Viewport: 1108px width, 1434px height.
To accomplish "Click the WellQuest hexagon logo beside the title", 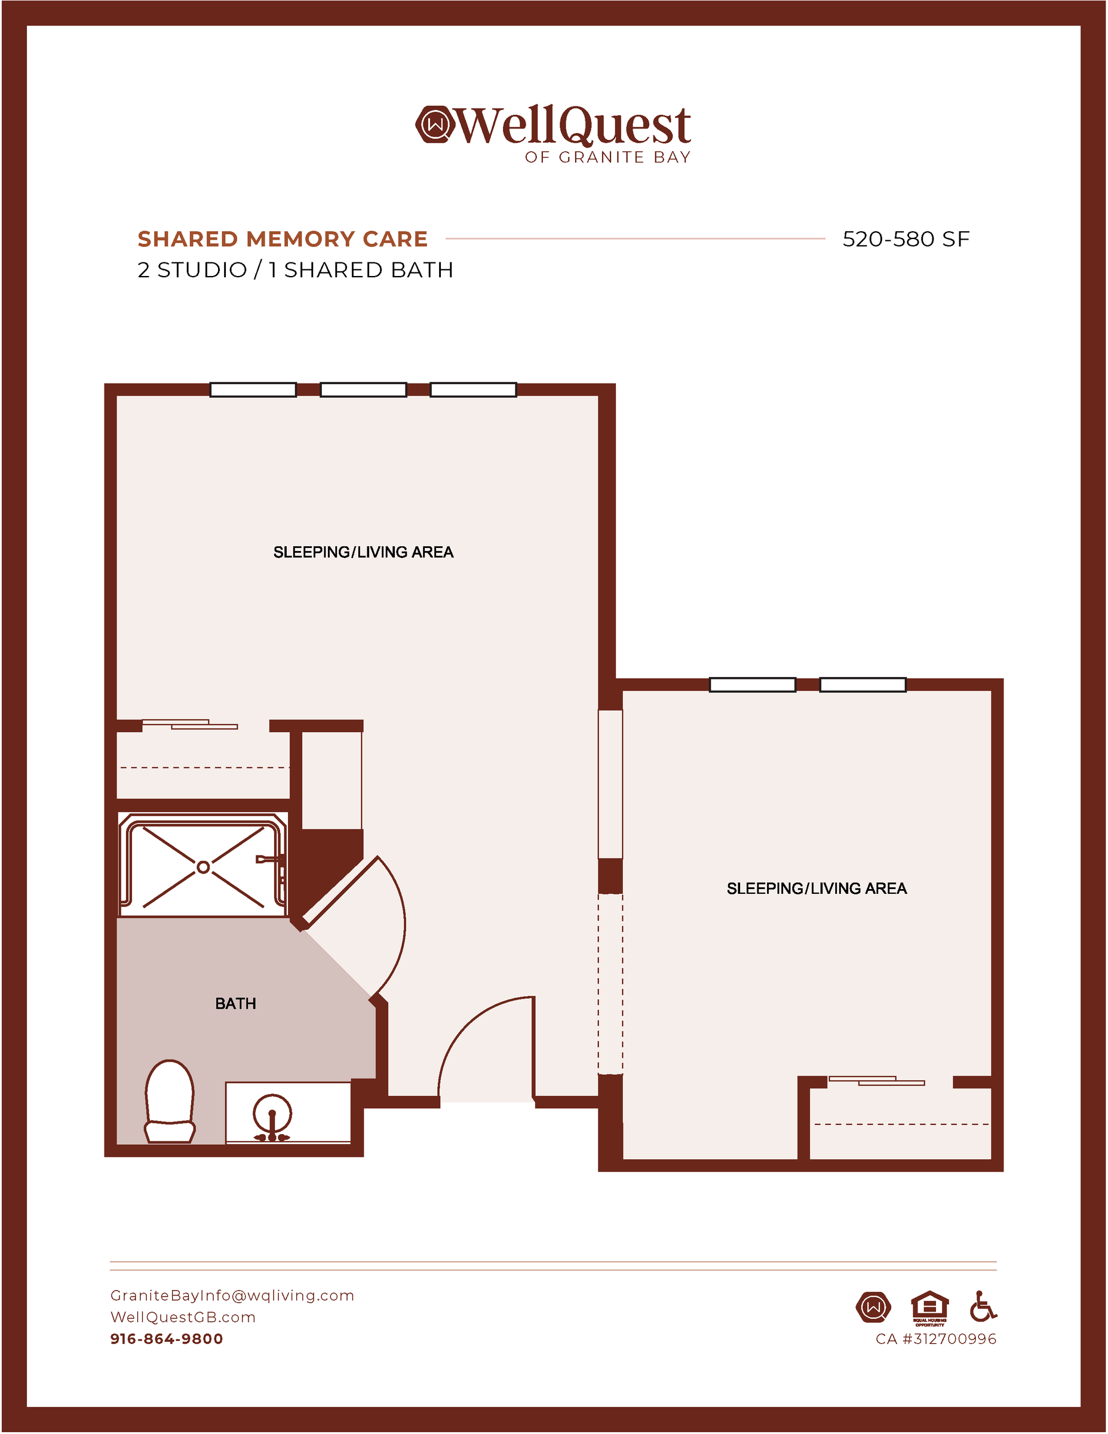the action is tap(434, 124).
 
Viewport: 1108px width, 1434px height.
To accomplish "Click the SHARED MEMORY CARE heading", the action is tap(283, 239).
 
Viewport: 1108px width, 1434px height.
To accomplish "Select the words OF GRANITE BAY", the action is tap(608, 158).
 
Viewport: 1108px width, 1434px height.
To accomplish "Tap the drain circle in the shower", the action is tap(204, 868).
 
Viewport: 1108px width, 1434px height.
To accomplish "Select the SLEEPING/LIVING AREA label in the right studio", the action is tap(817, 888).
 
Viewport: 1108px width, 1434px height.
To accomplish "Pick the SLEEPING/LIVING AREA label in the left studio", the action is tap(363, 552).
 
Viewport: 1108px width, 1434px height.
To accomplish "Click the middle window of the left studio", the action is tap(363, 390).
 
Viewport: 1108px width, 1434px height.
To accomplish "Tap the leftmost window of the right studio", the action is tap(752, 685).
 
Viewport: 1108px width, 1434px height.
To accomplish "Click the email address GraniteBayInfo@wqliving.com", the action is tap(232, 1295).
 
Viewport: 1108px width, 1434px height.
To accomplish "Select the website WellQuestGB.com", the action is tap(183, 1317).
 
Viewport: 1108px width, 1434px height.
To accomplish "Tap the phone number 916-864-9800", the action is tap(167, 1339).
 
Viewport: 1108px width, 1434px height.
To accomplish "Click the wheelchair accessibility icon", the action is tap(983, 1306).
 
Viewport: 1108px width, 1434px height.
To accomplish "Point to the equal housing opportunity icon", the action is tap(929, 1309).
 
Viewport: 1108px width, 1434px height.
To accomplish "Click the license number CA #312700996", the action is tap(936, 1339).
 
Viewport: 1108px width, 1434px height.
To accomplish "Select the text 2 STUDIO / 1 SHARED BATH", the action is tap(296, 270).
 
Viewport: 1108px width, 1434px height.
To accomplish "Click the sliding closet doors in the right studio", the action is tap(876, 1080).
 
